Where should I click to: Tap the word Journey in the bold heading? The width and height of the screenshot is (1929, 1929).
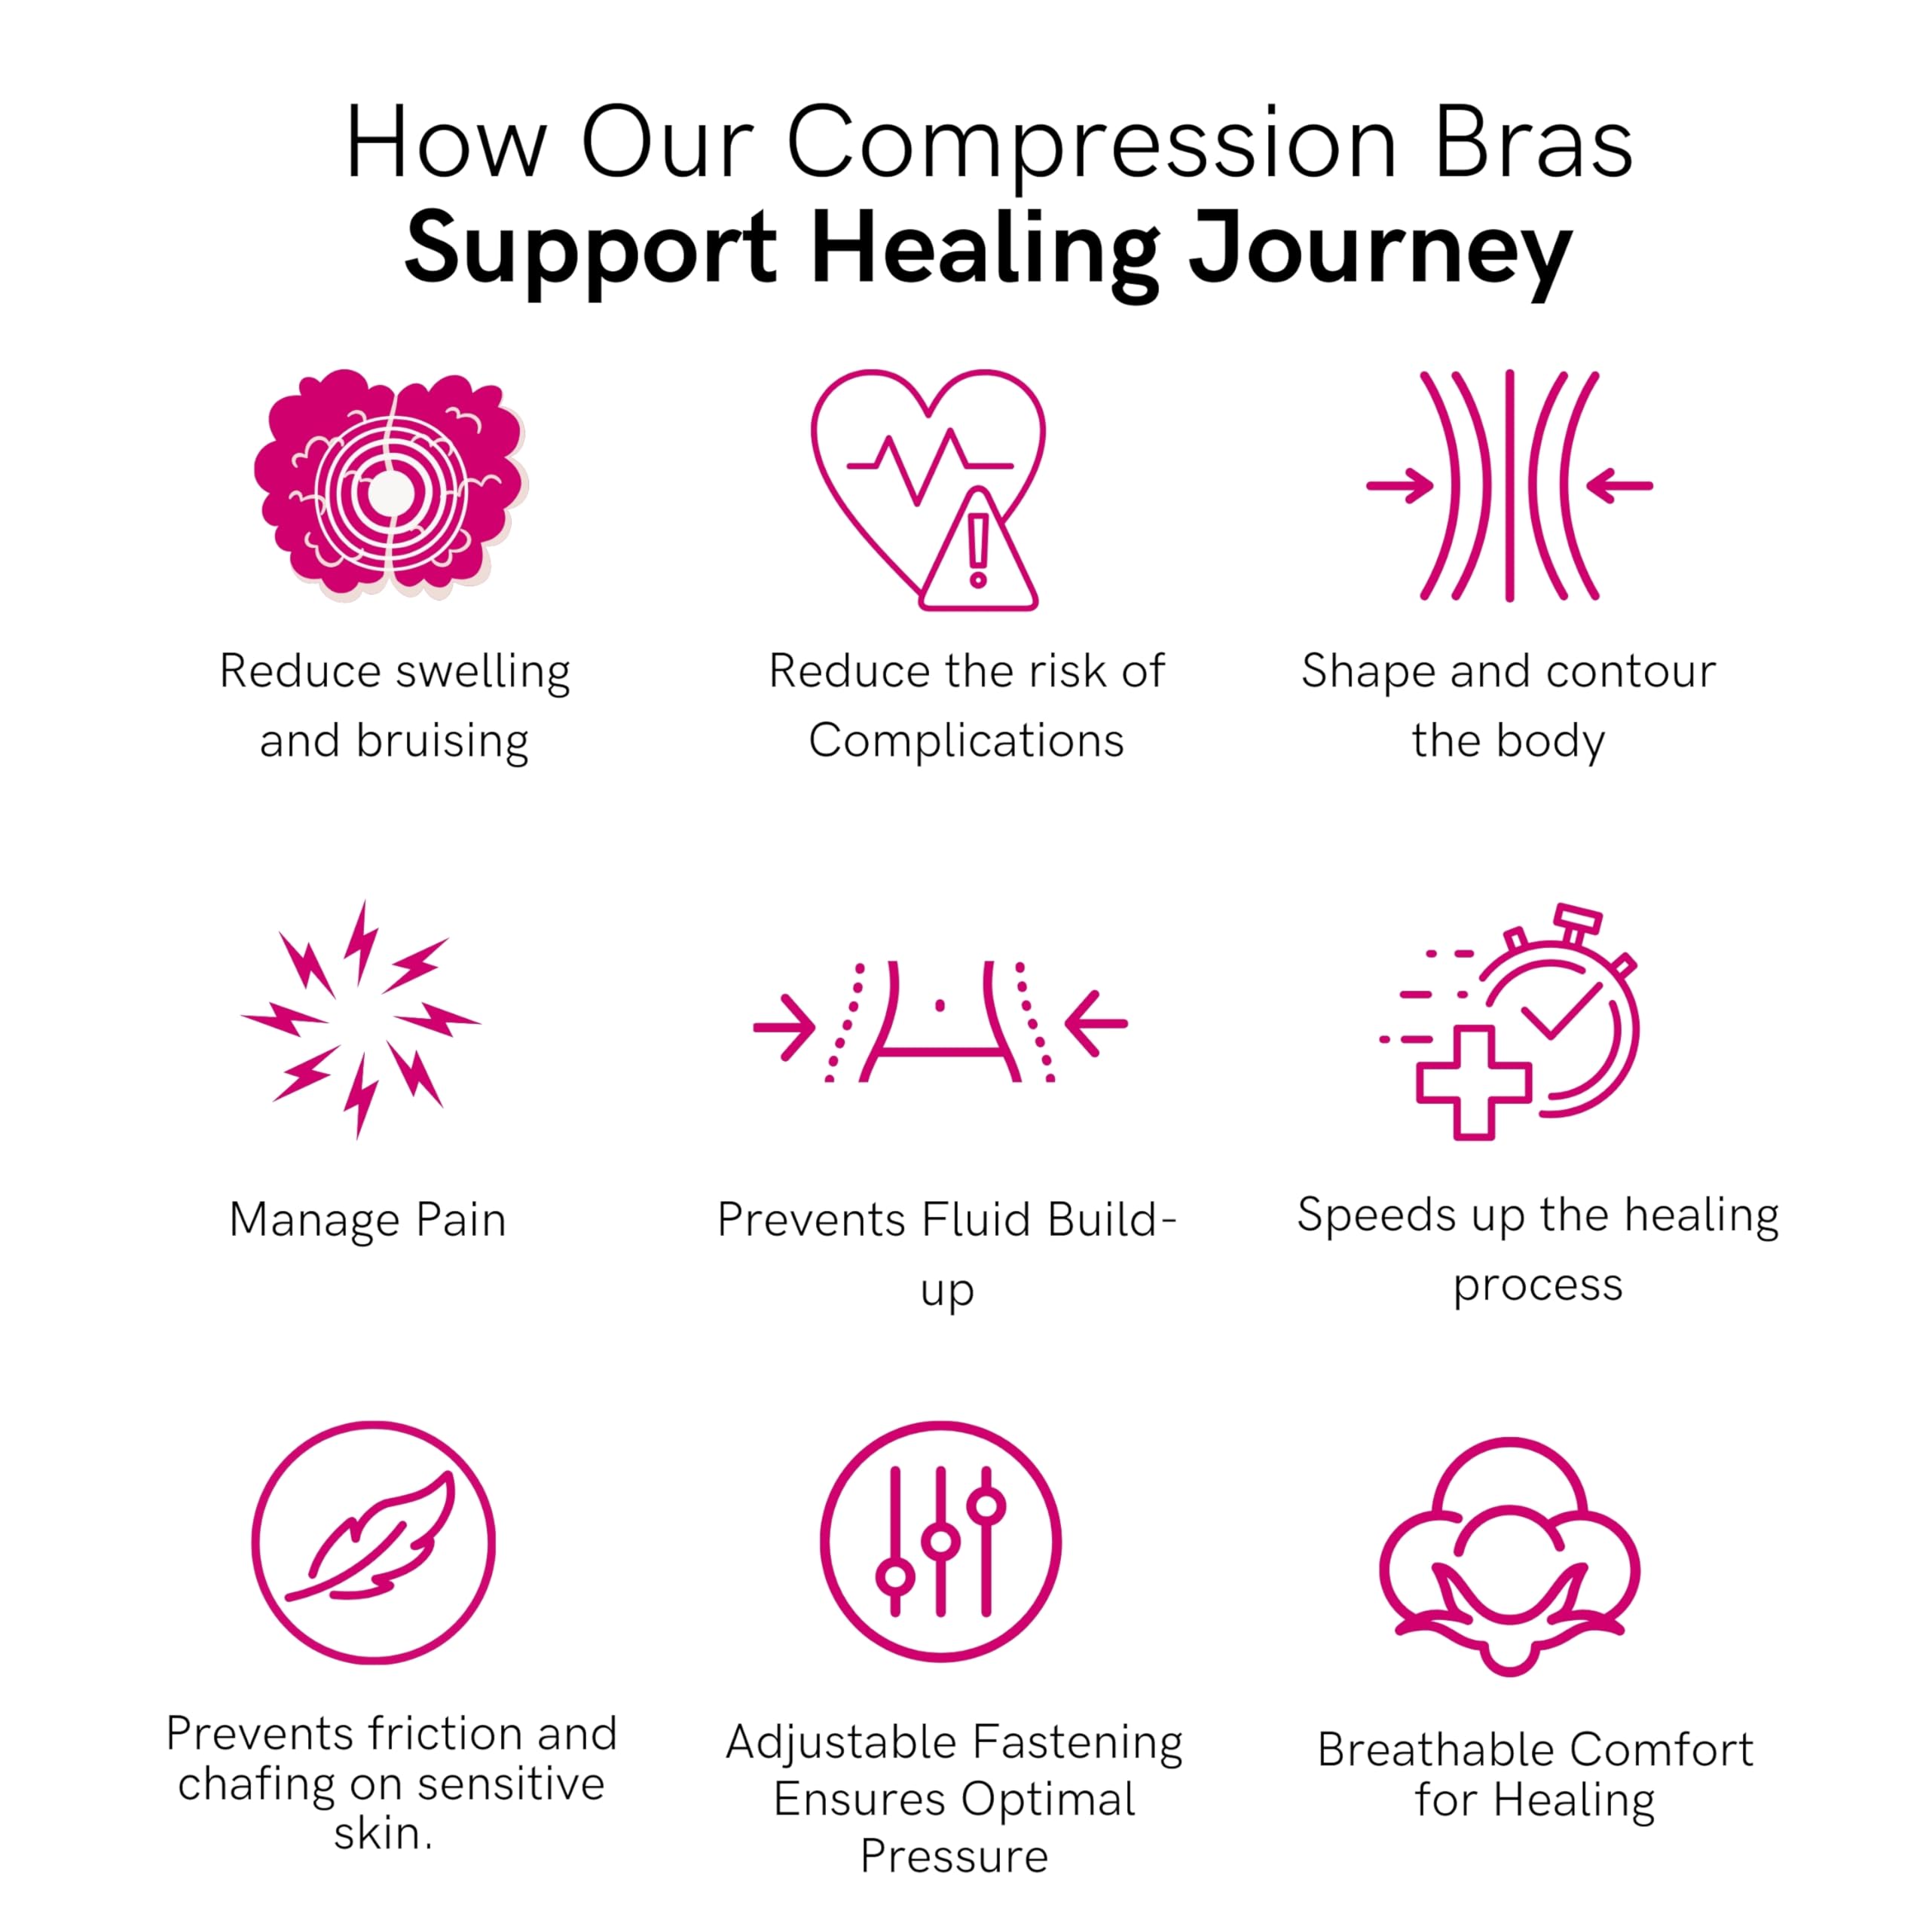coord(1381,251)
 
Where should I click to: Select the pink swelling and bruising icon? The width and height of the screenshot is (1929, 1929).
coord(390,485)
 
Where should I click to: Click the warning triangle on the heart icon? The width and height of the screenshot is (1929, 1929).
coord(979,550)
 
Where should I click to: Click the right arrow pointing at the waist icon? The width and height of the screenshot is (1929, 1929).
coord(1096,1023)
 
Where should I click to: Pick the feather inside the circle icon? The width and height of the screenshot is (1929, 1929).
coord(371,1538)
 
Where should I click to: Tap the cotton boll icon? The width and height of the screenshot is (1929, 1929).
coord(1509,1557)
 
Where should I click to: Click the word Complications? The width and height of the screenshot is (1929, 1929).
coord(967,741)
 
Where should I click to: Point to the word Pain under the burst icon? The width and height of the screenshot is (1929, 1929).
coord(460,1220)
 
